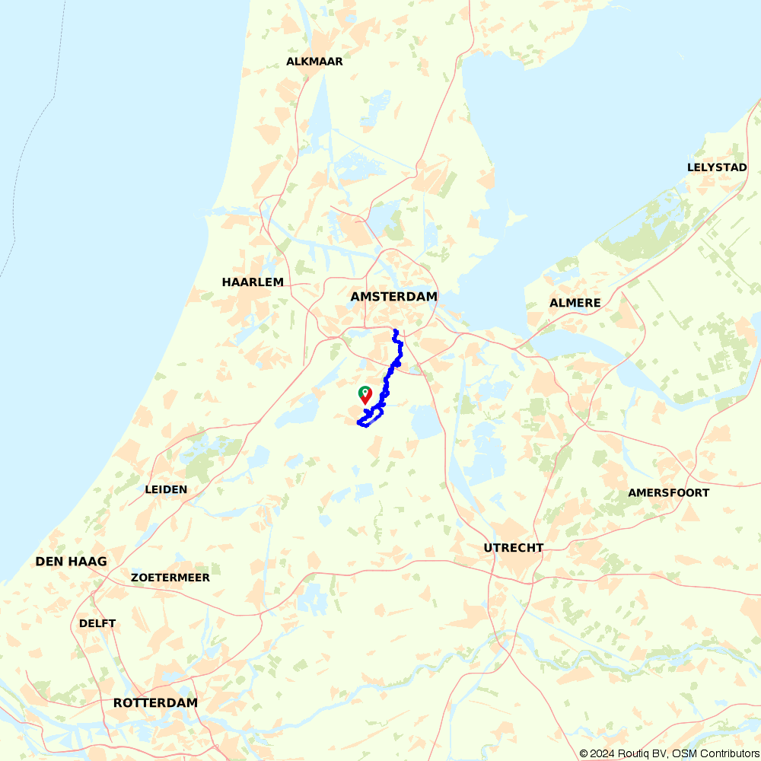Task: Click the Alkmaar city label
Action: [x=314, y=62]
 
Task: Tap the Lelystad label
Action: [x=717, y=167]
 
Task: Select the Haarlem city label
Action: [x=253, y=282]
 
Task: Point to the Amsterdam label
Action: [x=393, y=297]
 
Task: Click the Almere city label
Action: [x=575, y=303]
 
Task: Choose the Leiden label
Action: [x=166, y=489]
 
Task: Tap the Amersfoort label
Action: [x=668, y=492]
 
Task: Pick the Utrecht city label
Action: [x=514, y=548]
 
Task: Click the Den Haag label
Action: [x=71, y=562]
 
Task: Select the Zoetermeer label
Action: [x=170, y=578]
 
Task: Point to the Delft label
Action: [x=97, y=623]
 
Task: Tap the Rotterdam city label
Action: [x=155, y=703]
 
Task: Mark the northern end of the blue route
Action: [x=395, y=331]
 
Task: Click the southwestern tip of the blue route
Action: [x=358, y=423]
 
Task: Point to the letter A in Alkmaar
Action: [x=291, y=62]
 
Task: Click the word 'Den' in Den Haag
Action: [x=49, y=562]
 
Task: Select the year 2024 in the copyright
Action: [x=603, y=753]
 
